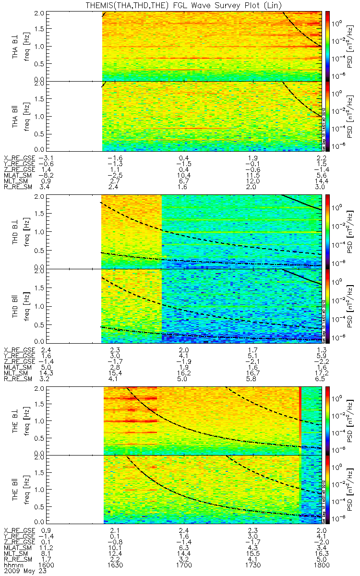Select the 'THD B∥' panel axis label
click(16, 305)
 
